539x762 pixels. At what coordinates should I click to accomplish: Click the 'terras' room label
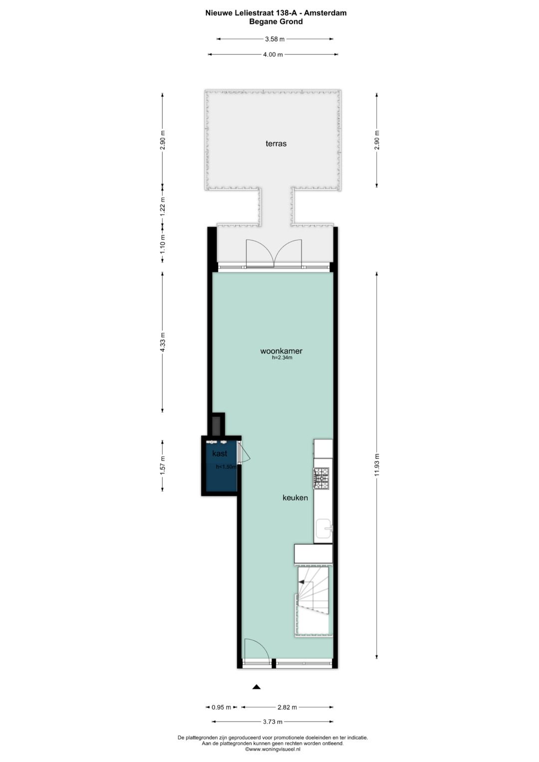point(276,144)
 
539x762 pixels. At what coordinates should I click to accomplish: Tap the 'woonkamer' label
point(281,351)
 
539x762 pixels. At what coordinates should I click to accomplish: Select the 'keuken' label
point(295,498)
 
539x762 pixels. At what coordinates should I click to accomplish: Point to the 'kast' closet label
point(220,454)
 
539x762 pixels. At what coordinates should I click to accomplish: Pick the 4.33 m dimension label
point(162,342)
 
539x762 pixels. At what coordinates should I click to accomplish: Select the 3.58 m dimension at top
point(274,39)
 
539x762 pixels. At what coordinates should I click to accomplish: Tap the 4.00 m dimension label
point(272,54)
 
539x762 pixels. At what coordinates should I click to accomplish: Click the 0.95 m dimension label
point(222,707)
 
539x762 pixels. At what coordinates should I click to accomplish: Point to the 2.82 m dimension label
point(287,707)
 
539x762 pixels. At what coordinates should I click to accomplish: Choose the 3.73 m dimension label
point(272,722)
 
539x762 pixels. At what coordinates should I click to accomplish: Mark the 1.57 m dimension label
point(162,466)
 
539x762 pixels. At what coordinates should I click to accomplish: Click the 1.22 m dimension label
point(162,207)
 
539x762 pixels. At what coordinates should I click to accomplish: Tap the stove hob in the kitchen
point(321,478)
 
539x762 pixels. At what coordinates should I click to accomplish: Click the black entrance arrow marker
point(257,687)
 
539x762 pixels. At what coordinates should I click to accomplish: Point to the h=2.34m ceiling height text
point(281,358)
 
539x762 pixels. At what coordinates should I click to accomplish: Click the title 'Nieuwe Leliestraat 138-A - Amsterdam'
point(275,13)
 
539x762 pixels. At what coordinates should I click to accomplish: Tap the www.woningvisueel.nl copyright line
point(272,749)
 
